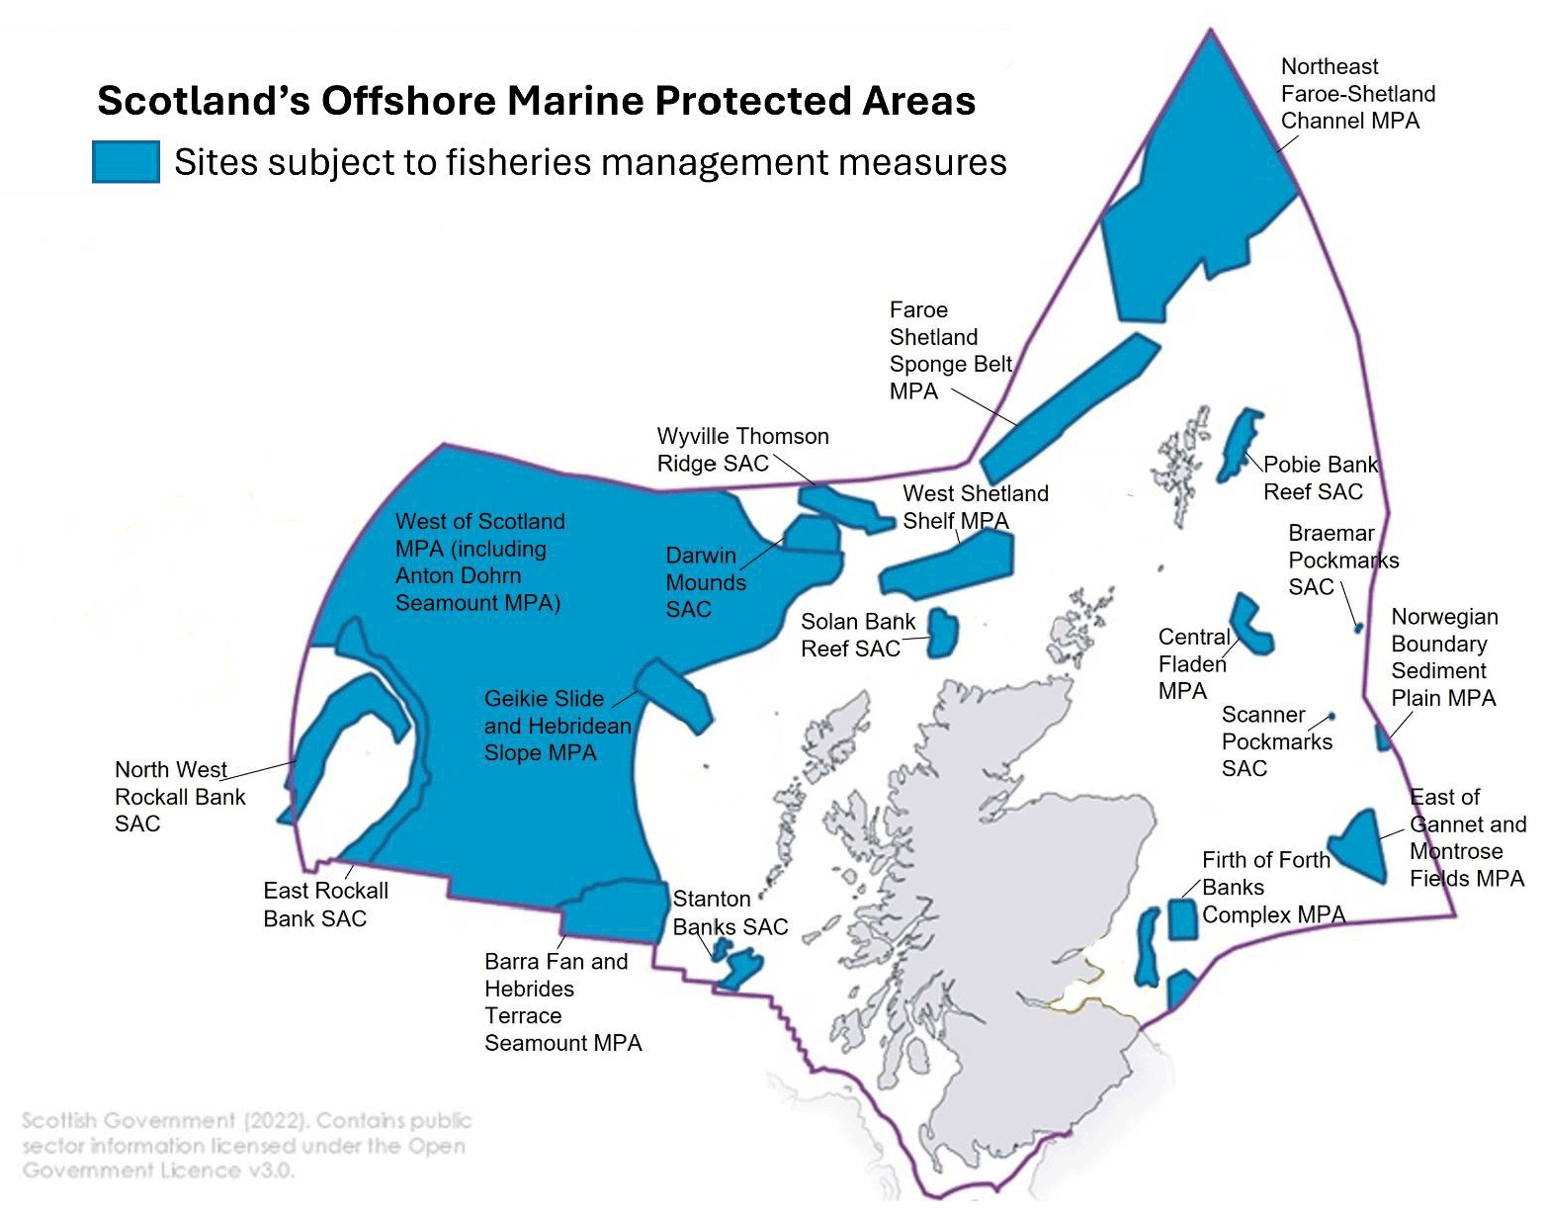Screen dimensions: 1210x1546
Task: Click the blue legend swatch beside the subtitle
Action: coord(126,161)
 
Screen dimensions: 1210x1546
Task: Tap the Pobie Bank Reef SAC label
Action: coord(1320,477)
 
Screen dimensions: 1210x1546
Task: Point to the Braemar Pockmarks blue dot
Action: coord(1358,628)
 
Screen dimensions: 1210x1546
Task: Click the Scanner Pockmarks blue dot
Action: coord(1331,716)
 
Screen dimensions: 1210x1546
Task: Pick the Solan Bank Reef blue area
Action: coord(943,633)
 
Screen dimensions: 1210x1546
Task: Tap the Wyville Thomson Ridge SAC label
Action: coord(742,450)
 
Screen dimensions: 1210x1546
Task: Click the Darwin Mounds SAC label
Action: coord(705,582)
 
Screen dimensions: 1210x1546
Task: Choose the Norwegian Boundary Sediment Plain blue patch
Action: coord(1383,736)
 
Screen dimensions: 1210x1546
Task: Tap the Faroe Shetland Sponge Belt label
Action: coord(949,351)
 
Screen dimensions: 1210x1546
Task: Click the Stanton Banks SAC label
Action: coord(730,912)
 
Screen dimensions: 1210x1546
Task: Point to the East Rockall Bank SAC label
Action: coord(325,905)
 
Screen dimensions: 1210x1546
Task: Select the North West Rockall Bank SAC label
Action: coord(179,797)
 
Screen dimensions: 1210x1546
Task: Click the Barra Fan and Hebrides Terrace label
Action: coord(561,1001)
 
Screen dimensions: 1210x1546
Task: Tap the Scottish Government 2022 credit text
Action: coord(246,1145)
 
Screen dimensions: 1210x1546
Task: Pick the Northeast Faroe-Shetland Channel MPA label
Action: coord(1357,94)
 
